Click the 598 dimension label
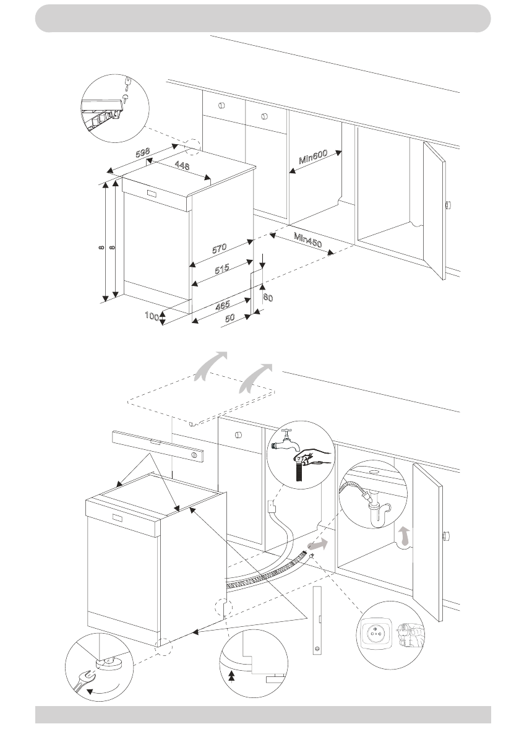(144, 152)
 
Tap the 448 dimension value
(182, 166)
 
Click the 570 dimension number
(219, 248)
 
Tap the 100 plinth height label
(152, 316)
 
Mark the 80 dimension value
(268, 297)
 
